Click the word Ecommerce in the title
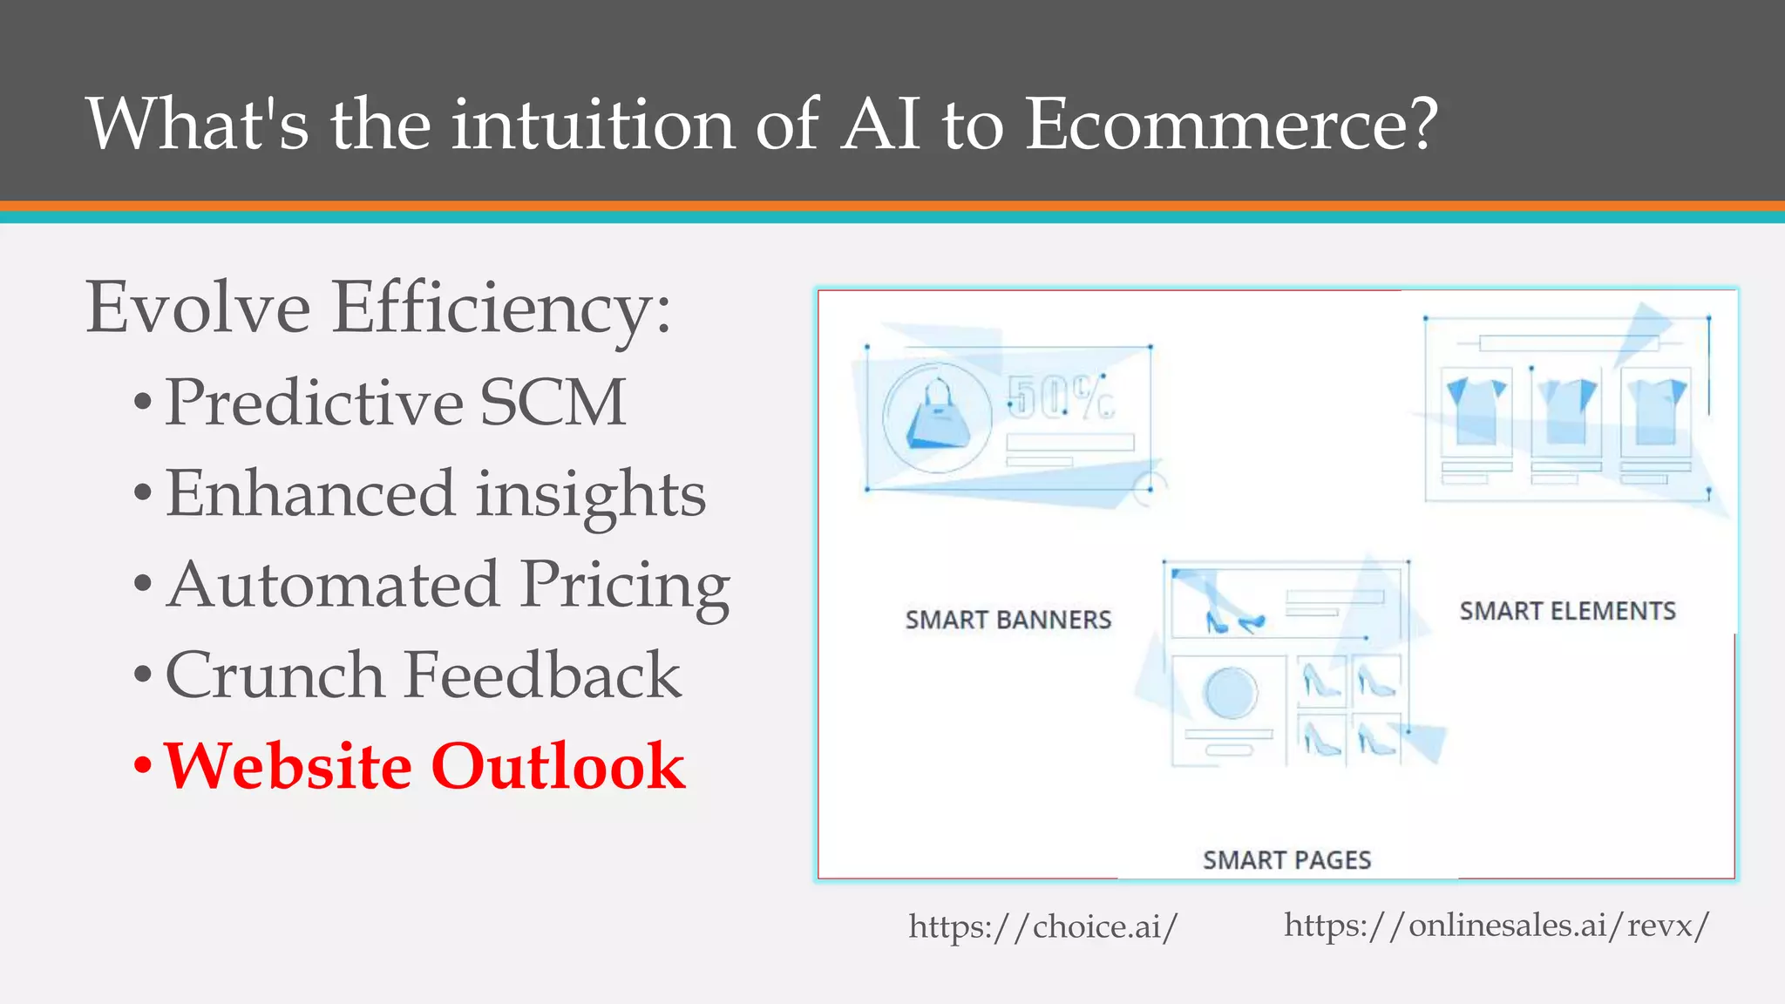[x=1230, y=124]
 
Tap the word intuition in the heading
[x=593, y=124]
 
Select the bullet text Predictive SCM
[x=396, y=403]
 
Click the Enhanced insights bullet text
[x=436, y=494]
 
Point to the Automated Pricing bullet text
[x=448, y=585]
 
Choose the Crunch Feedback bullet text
[x=423, y=675]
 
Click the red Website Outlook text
[x=424, y=766]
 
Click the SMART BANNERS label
[x=1008, y=620]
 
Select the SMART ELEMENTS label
[x=1567, y=611]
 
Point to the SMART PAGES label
[x=1286, y=860]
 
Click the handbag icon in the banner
[x=938, y=417]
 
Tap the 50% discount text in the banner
[x=1060, y=397]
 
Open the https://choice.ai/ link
[x=1042, y=926]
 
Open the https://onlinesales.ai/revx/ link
[x=1496, y=925]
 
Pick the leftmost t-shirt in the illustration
[x=1476, y=410]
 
